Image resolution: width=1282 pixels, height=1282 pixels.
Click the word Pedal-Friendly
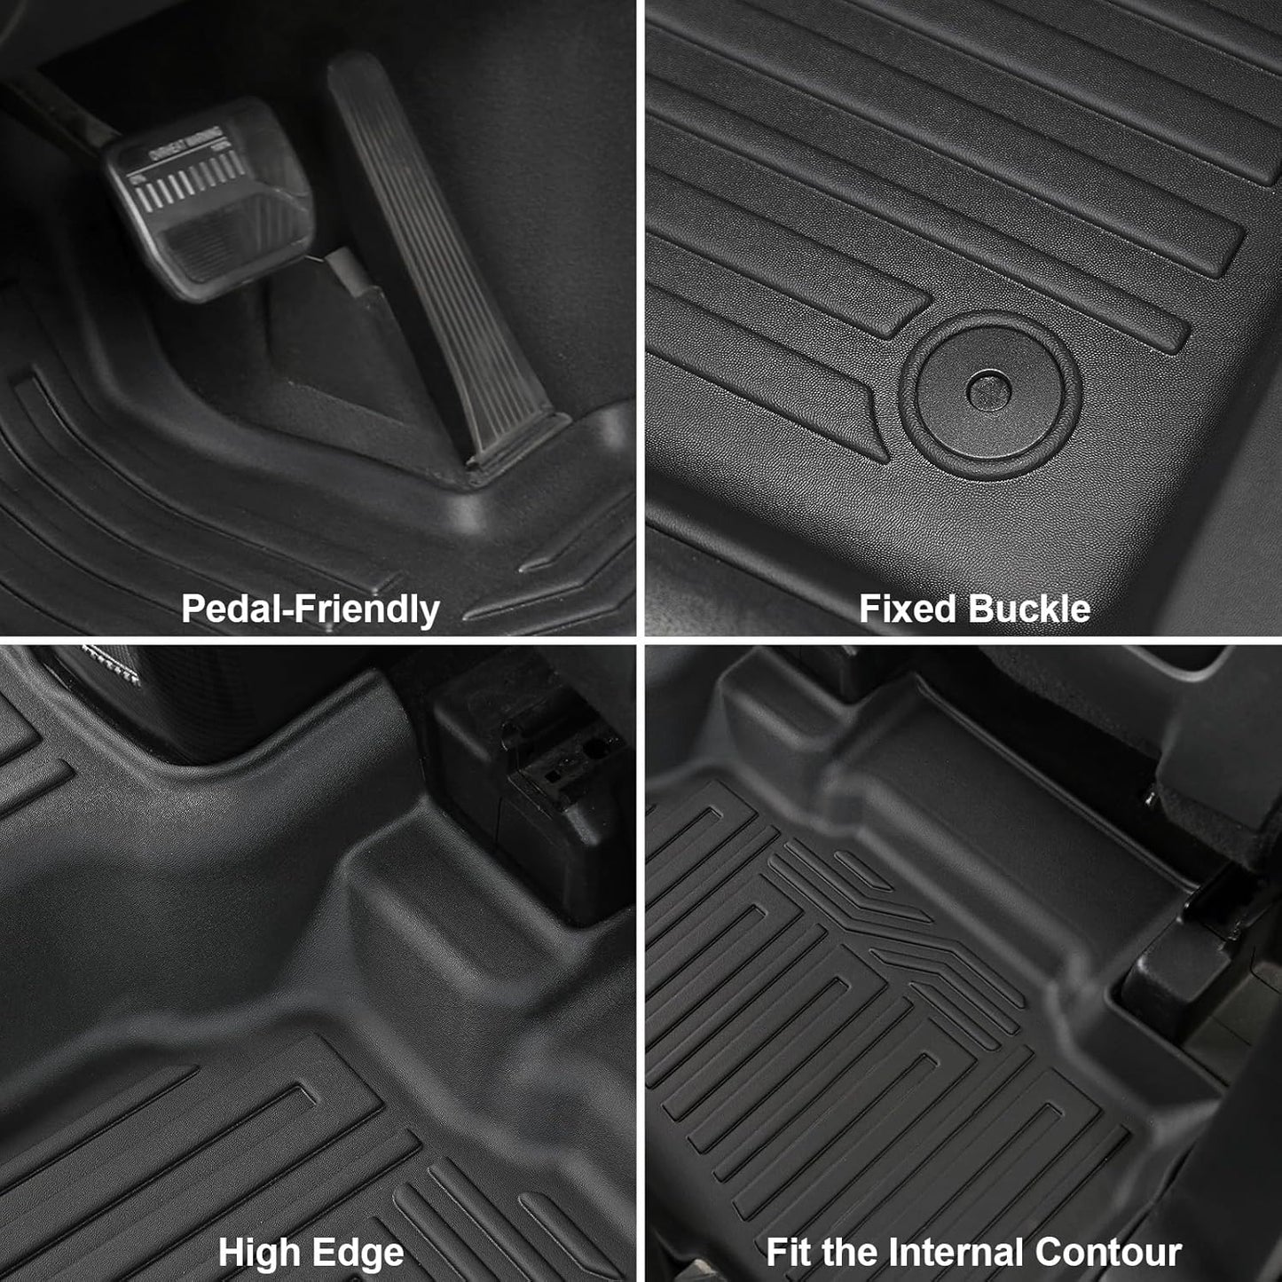310,610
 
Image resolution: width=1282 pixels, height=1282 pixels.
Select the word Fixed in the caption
908,610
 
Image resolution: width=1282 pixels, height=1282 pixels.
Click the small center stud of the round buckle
988,388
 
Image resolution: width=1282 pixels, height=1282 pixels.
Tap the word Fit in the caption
789,1253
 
